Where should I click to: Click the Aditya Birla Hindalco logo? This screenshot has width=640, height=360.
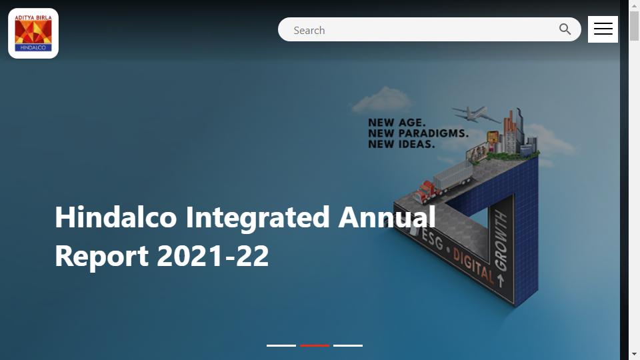pos(33,33)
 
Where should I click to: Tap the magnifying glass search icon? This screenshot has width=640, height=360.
pos(565,29)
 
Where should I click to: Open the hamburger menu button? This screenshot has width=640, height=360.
pos(603,29)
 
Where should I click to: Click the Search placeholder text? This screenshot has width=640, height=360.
pos(309,30)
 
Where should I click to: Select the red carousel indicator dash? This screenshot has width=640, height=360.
pos(315,346)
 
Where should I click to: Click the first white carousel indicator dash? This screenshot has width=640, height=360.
pos(281,346)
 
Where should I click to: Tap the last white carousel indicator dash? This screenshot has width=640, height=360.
pos(348,346)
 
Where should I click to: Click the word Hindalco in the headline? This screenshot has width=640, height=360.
pos(116,217)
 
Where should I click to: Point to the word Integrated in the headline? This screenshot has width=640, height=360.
pos(257,218)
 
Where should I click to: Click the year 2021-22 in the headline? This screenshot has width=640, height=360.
pos(213,256)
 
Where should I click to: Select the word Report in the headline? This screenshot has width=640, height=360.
pos(101,257)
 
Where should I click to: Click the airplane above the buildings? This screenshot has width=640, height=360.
pos(475,113)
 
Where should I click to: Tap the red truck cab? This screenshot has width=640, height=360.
pos(425,192)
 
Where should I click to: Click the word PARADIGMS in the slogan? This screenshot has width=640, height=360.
pos(433,133)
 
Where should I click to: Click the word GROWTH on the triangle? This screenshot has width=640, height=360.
pos(501,241)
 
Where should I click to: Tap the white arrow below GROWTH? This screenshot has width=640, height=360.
pos(501,280)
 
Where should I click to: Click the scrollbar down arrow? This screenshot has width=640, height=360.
pos(634,354)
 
